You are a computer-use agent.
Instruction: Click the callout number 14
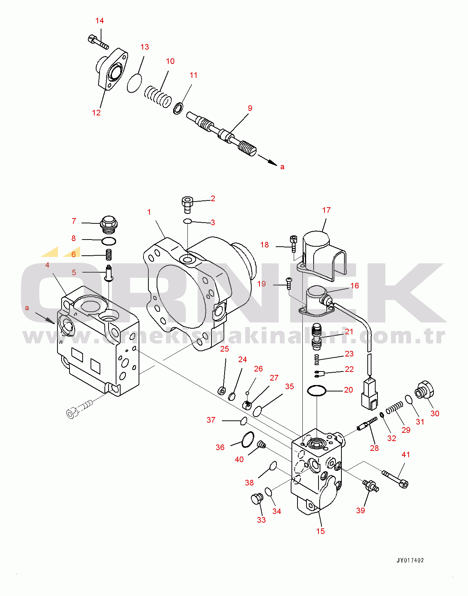[100, 21]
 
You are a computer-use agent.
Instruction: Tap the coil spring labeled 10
[158, 96]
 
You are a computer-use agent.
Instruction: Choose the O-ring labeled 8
[109, 241]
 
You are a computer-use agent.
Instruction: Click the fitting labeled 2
[187, 204]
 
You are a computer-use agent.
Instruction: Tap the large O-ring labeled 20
[317, 391]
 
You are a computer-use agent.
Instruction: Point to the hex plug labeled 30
[424, 391]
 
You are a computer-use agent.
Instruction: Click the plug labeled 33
[257, 499]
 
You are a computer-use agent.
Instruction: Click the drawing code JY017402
[410, 560]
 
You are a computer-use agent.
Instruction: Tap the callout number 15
[320, 531]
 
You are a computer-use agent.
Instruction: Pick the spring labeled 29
[394, 407]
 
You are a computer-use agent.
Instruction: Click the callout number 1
[149, 212]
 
